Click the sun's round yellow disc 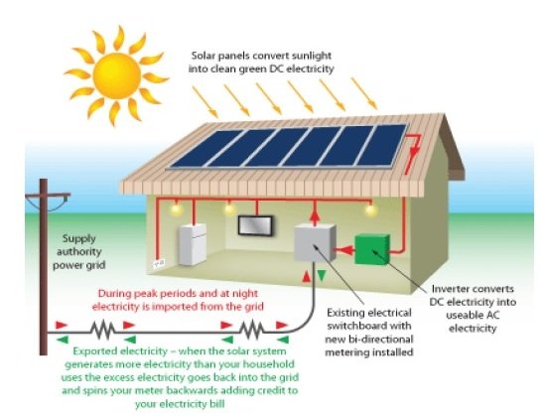117,75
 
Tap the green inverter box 372,249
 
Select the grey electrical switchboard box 315,242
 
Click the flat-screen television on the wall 256,225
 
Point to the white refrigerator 193,244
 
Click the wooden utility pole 44,267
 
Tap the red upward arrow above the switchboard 315,215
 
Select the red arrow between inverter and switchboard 343,249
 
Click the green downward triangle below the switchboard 322,275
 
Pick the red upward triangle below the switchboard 307,277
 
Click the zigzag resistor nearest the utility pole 103,331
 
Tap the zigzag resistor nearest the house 252,330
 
